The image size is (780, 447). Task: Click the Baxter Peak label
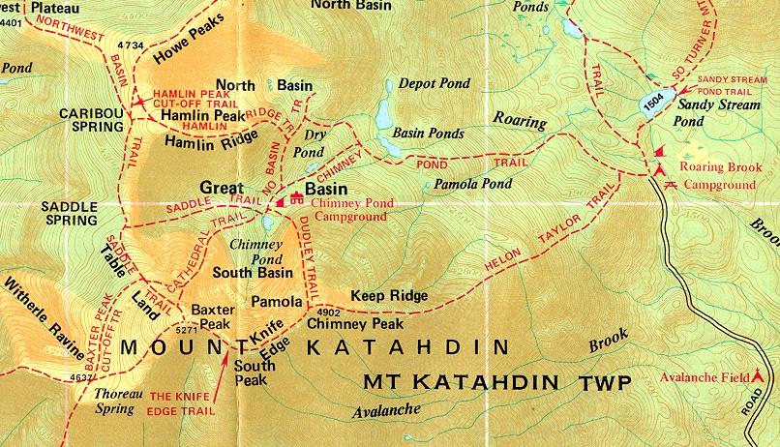[x=213, y=317]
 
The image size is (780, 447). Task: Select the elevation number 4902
[x=329, y=313]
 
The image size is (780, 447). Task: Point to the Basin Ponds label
[x=427, y=134]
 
